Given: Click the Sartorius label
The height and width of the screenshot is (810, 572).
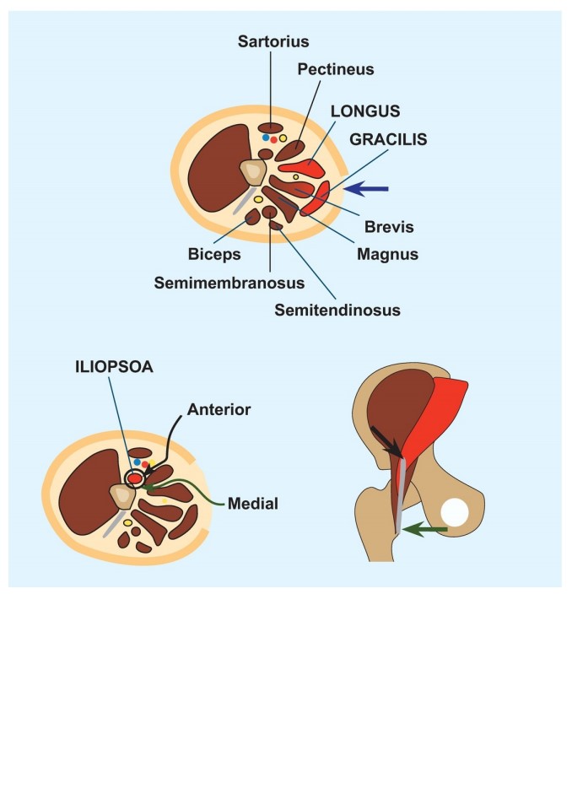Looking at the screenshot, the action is click(273, 41).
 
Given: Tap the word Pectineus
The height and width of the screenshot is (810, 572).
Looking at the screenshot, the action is click(335, 69).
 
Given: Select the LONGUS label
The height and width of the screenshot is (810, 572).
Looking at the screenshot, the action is click(364, 111).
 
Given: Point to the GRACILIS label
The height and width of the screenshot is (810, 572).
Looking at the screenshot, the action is click(388, 139).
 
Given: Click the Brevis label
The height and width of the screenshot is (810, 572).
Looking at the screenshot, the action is click(389, 227).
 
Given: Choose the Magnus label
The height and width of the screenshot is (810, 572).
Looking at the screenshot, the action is click(387, 254).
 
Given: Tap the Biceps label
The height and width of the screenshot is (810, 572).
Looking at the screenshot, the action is click(214, 254).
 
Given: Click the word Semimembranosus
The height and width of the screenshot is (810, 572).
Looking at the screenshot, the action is click(229, 283).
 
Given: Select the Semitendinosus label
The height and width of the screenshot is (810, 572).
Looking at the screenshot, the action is click(337, 310).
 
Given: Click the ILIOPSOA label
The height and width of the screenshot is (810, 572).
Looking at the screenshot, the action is click(114, 367).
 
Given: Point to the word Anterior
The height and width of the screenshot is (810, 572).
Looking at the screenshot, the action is click(219, 410).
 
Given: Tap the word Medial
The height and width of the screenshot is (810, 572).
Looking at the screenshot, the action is click(252, 504).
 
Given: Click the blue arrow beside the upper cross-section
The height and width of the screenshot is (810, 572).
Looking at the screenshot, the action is click(366, 189).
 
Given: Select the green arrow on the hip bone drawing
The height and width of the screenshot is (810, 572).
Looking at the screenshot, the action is click(424, 529).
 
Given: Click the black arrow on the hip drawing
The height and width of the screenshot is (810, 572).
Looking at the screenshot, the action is click(386, 441).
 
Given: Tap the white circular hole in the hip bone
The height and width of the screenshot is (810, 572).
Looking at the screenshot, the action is click(455, 513).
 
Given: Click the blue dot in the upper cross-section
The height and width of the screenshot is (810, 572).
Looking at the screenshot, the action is click(266, 138).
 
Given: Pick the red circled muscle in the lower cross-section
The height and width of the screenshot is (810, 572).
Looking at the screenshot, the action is click(135, 479).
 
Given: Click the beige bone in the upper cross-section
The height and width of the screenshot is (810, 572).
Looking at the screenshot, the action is click(252, 172).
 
